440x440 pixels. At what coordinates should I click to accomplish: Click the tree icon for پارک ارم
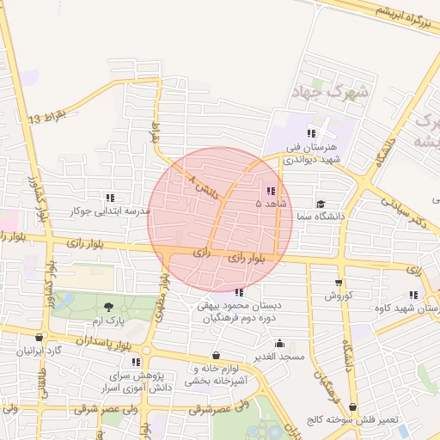pyautogui.click(x=108, y=307)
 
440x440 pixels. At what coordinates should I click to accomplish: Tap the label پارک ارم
pyautogui.click(x=109, y=321)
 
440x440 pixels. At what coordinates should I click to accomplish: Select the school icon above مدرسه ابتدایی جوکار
pyautogui.click(x=109, y=198)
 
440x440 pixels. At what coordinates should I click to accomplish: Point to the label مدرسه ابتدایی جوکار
pyautogui.click(x=109, y=211)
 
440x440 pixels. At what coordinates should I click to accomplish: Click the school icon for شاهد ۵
pyautogui.click(x=271, y=192)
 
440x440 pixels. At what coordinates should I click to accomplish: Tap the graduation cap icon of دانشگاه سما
pyautogui.click(x=321, y=204)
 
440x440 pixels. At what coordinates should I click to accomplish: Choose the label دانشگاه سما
pyautogui.click(x=318, y=217)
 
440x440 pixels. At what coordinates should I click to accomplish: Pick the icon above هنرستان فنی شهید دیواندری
pyautogui.click(x=310, y=133)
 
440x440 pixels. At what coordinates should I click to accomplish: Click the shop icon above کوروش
pyautogui.click(x=339, y=283)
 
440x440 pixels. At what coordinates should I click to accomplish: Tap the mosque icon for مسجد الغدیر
pyautogui.click(x=279, y=344)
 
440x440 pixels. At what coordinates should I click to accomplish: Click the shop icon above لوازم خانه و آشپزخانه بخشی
pyautogui.click(x=215, y=355)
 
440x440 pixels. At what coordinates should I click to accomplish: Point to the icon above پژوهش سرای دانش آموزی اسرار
pyautogui.click(x=136, y=363)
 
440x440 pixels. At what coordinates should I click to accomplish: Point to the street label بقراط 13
pyautogui.click(x=46, y=116)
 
